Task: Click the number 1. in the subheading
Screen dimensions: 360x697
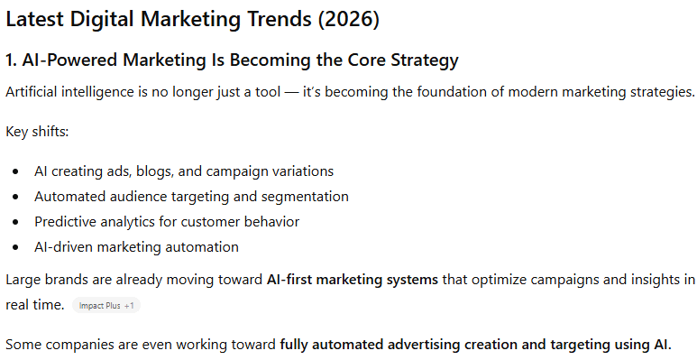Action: tap(12, 61)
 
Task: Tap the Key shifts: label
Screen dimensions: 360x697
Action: tap(37, 132)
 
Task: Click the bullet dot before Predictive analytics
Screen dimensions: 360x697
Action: tap(15, 222)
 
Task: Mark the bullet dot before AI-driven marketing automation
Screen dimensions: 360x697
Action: tap(15, 247)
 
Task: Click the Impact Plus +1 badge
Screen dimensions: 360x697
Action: tap(106, 306)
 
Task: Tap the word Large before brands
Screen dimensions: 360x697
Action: tap(24, 280)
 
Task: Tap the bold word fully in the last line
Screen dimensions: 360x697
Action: tap(297, 345)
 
